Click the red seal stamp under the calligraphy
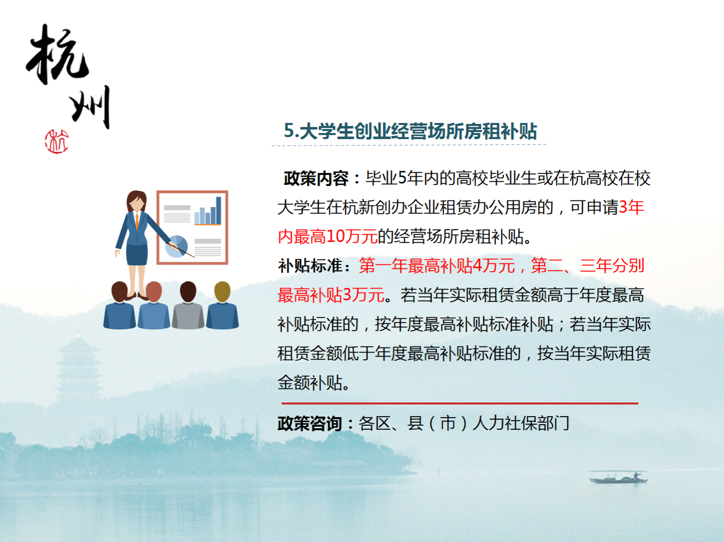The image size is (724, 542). (x=57, y=142)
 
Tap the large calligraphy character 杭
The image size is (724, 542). (x=57, y=54)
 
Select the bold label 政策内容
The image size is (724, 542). (x=316, y=179)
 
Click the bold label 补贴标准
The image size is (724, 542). (x=310, y=266)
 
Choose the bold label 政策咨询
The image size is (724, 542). (x=310, y=424)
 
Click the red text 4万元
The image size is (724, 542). (x=494, y=266)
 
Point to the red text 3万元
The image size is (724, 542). (x=364, y=295)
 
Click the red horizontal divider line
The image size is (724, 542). (x=460, y=403)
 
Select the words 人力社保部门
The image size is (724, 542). (x=521, y=424)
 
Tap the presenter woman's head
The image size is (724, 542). (x=136, y=201)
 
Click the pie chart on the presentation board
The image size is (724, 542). (x=176, y=246)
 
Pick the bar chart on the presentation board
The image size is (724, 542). (x=208, y=211)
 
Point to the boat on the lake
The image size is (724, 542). (x=619, y=477)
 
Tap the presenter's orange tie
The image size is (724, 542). (x=137, y=222)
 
